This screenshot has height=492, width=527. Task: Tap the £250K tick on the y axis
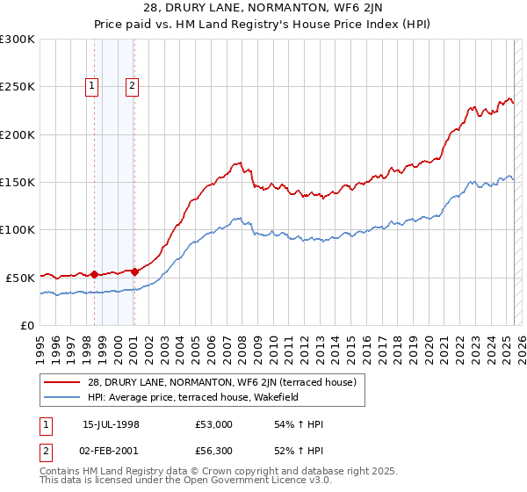18,87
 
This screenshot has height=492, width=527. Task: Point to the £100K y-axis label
18,229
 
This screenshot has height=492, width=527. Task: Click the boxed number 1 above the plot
92,85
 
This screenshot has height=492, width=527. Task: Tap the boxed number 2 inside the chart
132,85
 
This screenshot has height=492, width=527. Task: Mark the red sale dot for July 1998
95,274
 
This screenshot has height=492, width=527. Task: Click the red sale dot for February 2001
134,271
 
